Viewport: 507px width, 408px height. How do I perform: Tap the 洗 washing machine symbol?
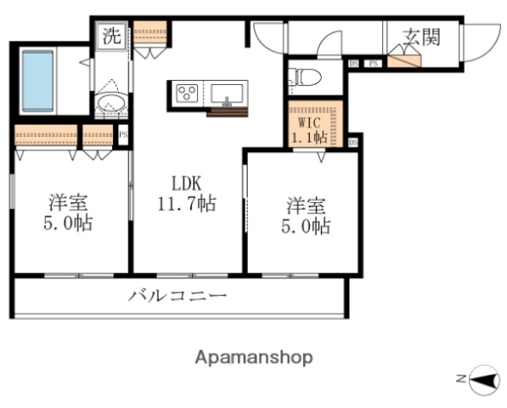(112, 36)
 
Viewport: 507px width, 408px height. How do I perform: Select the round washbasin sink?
(111, 105)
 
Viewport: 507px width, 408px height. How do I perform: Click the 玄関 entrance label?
(421, 37)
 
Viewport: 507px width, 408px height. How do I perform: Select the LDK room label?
(187, 184)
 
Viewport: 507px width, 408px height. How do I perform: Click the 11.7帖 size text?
(187, 204)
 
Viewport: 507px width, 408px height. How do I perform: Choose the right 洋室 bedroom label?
(307, 206)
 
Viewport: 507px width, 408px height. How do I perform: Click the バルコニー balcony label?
(178, 297)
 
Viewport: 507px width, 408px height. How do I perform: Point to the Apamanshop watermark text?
(253, 357)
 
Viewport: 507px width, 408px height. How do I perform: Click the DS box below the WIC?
(352, 142)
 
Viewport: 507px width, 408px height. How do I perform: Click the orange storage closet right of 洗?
(150, 33)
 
